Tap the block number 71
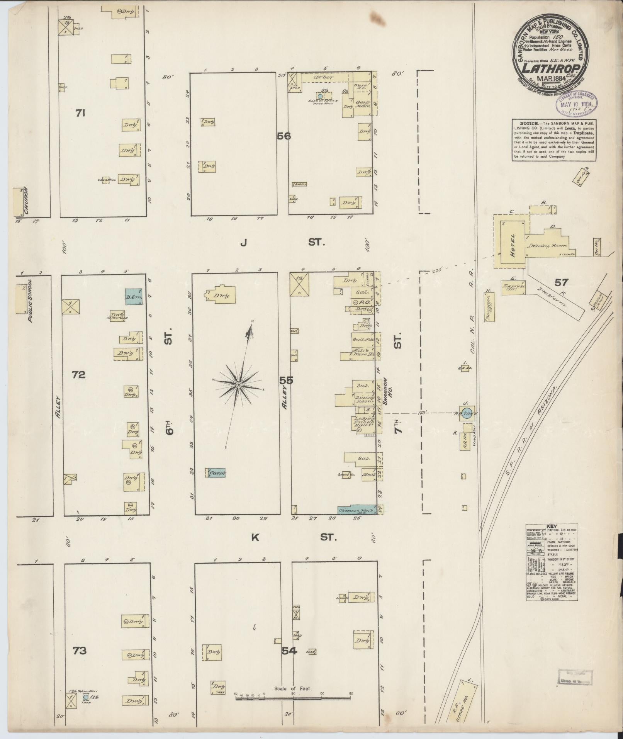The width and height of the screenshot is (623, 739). click(80, 113)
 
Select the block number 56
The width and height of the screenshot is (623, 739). click(283, 136)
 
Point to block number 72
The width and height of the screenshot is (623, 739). click(78, 374)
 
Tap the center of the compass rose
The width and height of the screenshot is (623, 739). click(239, 385)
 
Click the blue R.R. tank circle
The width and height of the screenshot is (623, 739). click(467, 413)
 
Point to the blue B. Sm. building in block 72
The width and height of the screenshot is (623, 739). click(133, 297)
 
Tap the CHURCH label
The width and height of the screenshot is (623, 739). click(26, 200)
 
